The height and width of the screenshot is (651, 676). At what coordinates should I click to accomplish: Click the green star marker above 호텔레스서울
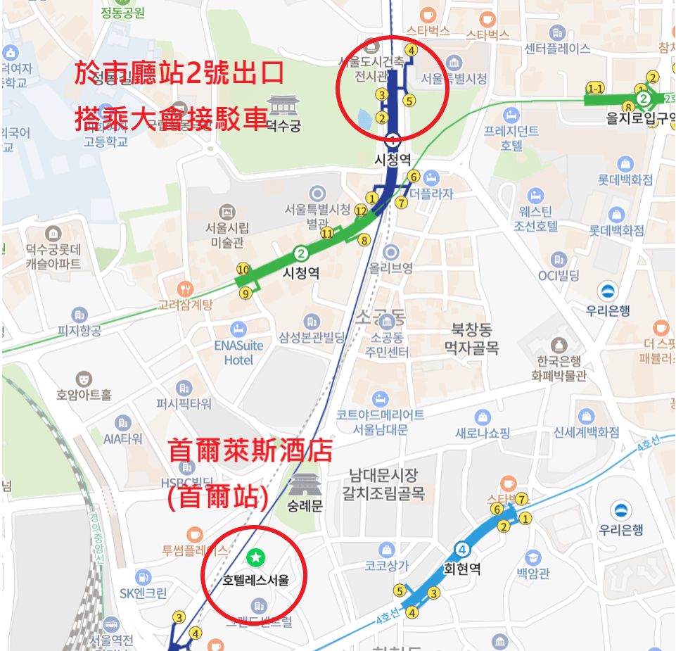[257, 557]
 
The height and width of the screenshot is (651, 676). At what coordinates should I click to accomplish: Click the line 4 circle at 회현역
[462, 550]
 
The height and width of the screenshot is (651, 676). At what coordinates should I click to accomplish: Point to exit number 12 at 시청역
[361, 210]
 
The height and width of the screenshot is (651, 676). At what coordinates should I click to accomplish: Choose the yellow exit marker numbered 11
[327, 234]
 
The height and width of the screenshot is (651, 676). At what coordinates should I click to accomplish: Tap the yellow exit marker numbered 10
[243, 269]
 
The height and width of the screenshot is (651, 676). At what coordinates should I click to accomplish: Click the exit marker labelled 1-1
[596, 89]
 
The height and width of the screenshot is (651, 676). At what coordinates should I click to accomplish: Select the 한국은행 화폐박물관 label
[560, 368]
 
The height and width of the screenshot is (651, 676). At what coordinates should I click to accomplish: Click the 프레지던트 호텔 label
[511, 138]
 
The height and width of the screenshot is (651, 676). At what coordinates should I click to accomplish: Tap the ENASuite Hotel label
[238, 353]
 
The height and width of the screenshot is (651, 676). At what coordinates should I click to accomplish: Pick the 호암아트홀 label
[84, 395]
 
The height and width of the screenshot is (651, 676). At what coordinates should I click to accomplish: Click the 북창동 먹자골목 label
[471, 338]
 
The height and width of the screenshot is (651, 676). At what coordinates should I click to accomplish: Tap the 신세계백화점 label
[586, 431]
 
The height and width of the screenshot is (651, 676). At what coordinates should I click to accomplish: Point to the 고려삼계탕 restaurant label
[185, 305]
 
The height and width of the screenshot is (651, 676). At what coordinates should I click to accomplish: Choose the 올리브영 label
[391, 267]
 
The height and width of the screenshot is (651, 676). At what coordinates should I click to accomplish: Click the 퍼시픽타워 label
[184, 404]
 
